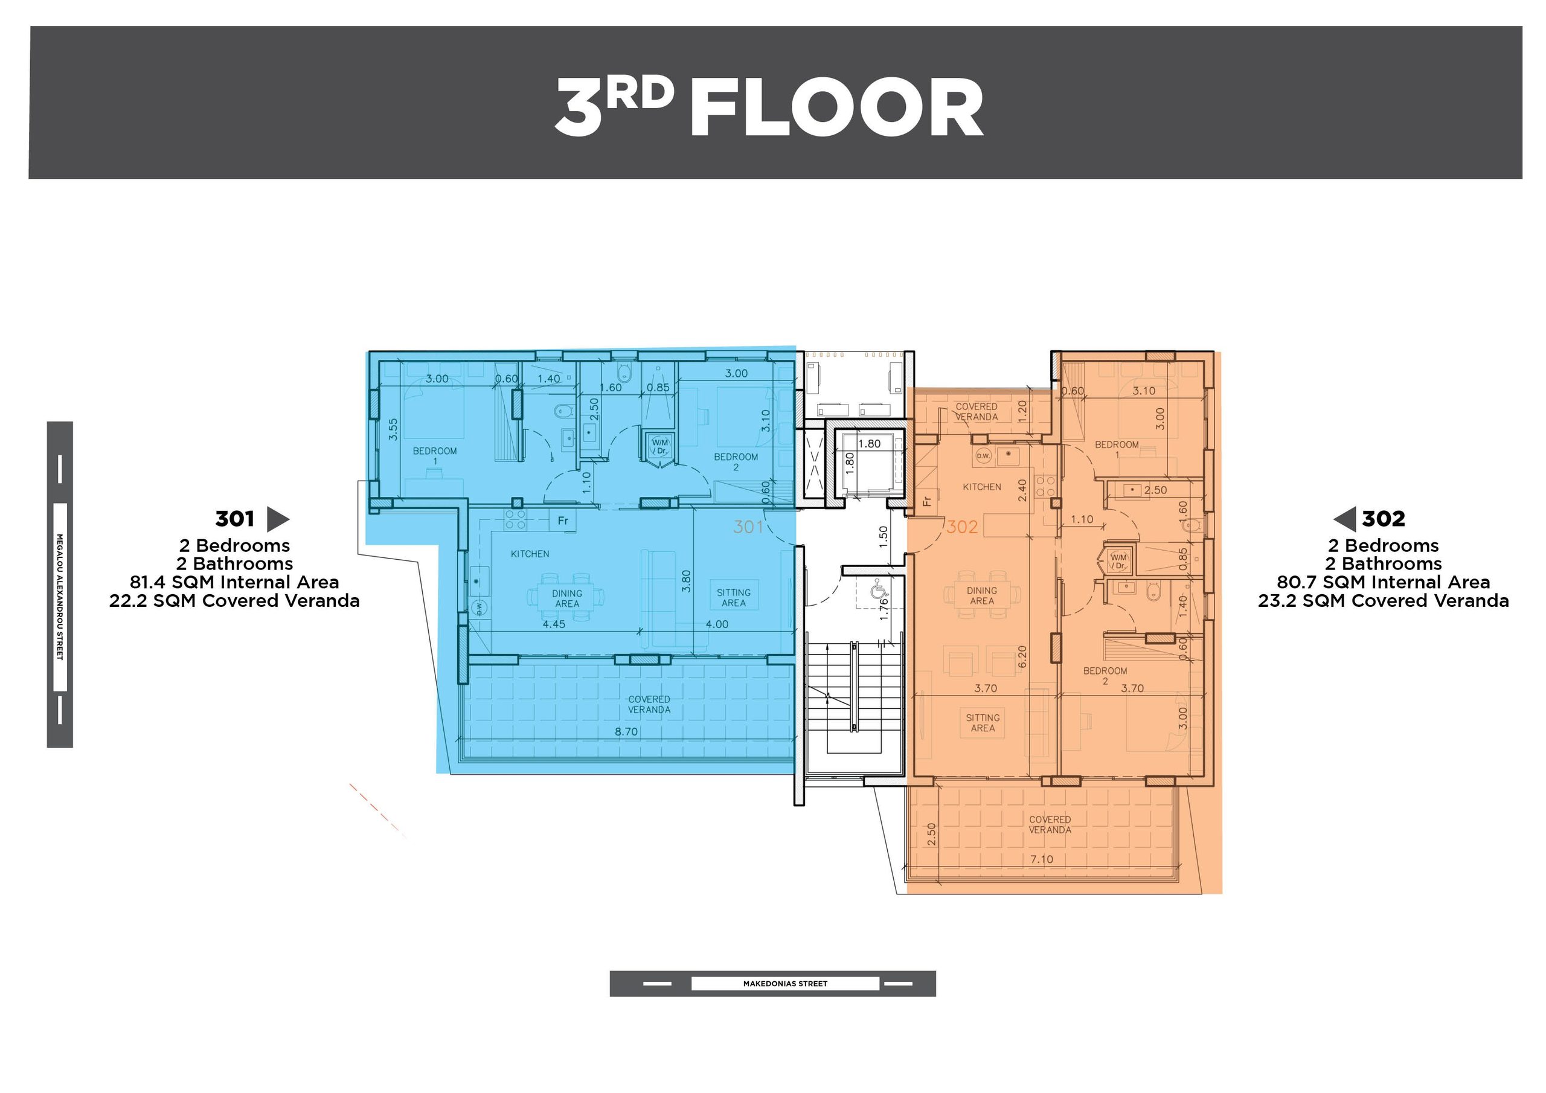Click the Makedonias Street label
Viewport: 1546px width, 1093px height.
click(x=785, y=984)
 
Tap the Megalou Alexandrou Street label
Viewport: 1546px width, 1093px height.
click(x=60, y=597)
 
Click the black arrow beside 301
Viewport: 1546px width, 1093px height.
click(x=278, y=519)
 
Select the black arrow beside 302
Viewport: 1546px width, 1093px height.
click(x=1345, y=519)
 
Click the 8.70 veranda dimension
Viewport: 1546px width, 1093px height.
click(x=626, y=731)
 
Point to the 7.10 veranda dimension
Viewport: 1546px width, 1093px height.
click(x=1042, y=859)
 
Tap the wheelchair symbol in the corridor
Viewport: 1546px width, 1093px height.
click(x=879, y=591)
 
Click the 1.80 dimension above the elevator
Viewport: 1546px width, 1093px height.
click(x=869, y=444)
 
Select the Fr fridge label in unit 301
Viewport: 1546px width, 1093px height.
click(x=563, y=521)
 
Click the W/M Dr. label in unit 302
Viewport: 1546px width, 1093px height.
click(x=1118, y=561)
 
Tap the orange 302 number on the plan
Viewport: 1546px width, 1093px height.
click(x=961, y=527)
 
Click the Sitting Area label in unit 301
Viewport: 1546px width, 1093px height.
click(x=734, y=598)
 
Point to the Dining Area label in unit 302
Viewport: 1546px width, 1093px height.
click(x=982, y=595)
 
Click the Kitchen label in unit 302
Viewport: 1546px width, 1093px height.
click(x=982, y=487)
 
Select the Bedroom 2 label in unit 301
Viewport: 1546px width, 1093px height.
click(x=736, y=462)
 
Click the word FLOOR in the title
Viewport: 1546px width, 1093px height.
click(x=837, y=107)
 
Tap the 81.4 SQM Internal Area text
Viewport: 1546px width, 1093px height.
click(x=234, y=582)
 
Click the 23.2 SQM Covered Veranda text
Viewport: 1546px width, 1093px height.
click(x=1384, y=601)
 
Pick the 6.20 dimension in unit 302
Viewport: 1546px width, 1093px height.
click(x=1022, y=657)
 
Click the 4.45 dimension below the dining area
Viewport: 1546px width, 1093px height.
click(x=554, y=624)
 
